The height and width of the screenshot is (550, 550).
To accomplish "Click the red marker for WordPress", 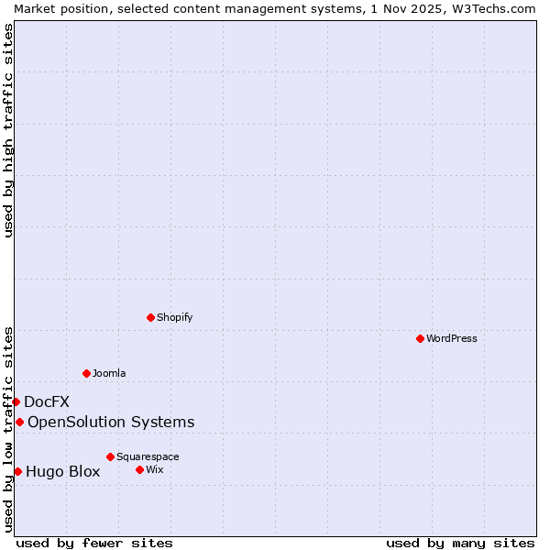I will (x=420, y=338).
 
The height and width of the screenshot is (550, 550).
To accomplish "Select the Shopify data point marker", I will (x=150, y=317).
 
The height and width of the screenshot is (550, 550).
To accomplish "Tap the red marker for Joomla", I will (x=86, y=373).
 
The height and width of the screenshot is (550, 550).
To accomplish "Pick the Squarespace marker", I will (x=110, y=456).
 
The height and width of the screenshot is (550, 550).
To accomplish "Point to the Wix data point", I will (x=139, y=469).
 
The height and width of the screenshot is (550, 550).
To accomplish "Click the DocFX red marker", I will (x=16, y=401).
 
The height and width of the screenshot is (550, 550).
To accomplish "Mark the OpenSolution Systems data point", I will (x=19, y=422).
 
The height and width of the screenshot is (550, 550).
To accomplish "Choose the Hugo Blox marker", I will (x=17, y=471).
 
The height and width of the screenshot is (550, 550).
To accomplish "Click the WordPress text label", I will (x=452, y=338).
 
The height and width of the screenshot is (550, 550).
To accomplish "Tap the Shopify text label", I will (x=174, y=317).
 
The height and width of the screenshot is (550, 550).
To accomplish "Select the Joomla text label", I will (x=109, y=373).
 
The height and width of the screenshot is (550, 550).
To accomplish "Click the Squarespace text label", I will (x=148, y=456).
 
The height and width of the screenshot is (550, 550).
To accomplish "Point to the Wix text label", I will (x=154, y=469).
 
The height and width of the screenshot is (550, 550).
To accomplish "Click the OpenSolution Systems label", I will (x=111, y=422).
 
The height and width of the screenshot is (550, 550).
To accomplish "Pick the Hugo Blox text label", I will (x=62, y=472).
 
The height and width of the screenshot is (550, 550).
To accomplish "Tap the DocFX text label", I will (x=47, y=401).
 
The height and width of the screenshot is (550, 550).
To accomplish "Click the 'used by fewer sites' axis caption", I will (x=94, y=543).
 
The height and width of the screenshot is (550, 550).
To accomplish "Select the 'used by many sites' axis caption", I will (x=460, y=543).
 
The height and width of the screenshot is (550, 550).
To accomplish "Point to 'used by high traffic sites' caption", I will (x=8, y=130).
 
